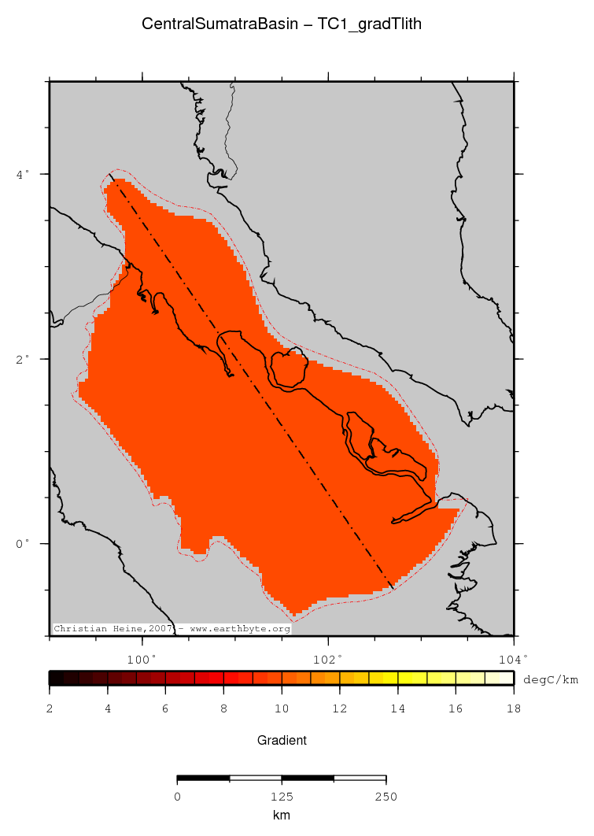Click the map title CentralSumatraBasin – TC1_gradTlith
pyautogui.click(x=282, y=24)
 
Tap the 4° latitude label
pyautogui.click(x=23, y=173)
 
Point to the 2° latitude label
pyautogui.click(x=23, y=358)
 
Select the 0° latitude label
pyautogui.click(x=23, y=543)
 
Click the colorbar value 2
pyautogui.click(x=50, y=709)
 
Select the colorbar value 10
pyautogui.click(x=282, y=709)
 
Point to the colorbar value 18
pyautogui.click(x=513, y=709)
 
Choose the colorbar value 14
pyautogui.click(x=398, y=709)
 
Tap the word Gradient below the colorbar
pyautogui.click(x=282, y=740)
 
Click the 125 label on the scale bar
pyautogui.click(x=282, y=797)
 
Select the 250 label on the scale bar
pyautogui.click(x=386, y=797)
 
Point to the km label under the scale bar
pyautogui.click(x=282, y=816)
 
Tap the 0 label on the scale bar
pyautogui.click(x=178, y=797)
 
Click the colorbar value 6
pyautogui.click(x=165, y=709)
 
